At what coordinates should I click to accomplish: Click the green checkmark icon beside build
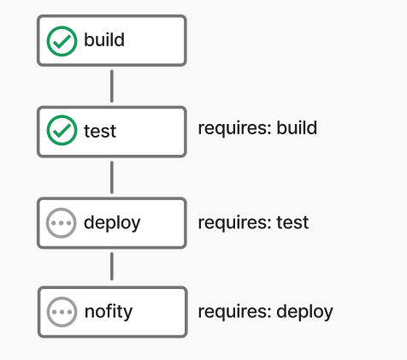(x=62, y=41)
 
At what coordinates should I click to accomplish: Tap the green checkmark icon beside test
(x=62, y=130)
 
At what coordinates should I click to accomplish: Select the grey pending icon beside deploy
(x=62, y=223)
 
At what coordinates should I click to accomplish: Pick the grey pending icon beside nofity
(x=62, y=312)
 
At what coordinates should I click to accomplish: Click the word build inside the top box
(x=104, y=39)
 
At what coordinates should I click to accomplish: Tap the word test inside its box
(x=100, y=131)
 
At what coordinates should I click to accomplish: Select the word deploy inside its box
(x=112, y=223)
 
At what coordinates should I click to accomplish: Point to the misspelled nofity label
(x=109, y=311)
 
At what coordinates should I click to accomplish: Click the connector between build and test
(x=112, y=86)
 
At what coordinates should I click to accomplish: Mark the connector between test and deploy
(x=112, y=177)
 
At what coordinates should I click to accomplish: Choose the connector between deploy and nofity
(x=112, y=266)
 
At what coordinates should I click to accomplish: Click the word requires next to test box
(x=233, y=129)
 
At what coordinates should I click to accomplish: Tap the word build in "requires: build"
(x=297, y=127)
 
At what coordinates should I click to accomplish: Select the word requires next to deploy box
(x=233, y=223)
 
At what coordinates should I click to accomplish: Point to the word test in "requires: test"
(x=292, y=222)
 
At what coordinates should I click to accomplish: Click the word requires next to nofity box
(x=233, y=312)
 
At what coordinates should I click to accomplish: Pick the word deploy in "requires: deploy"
(x=304, y=312)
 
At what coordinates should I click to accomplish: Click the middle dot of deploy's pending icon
(x=62, y=223)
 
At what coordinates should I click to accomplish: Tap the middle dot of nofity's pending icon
(x=62, y=312)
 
